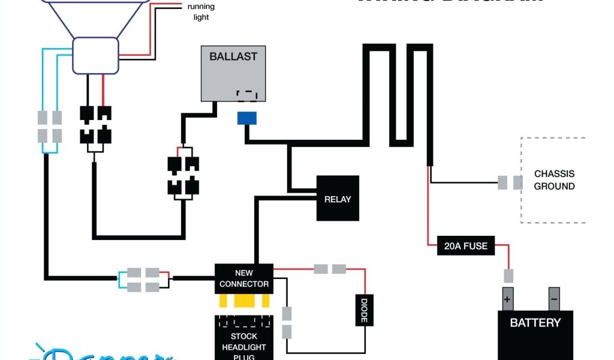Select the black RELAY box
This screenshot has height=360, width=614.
pos(338,199)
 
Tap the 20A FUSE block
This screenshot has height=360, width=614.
pos(466,246)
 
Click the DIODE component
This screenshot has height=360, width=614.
pos(363,310)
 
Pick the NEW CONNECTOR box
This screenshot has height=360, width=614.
pos(244,278)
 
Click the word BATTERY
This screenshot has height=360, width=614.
pos(535,323)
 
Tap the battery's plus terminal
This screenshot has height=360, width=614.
pos(507,298)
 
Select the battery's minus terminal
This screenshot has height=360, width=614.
pos(553,298)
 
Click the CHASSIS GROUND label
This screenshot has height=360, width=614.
pos(554,180)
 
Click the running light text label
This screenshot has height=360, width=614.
pos(201,12)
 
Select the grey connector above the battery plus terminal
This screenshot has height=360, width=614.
pos(508,276)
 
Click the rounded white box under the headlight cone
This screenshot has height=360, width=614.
pos(96,55)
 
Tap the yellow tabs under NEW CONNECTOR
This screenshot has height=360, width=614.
pos(244,300)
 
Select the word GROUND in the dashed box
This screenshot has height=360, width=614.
pos(554,186)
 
